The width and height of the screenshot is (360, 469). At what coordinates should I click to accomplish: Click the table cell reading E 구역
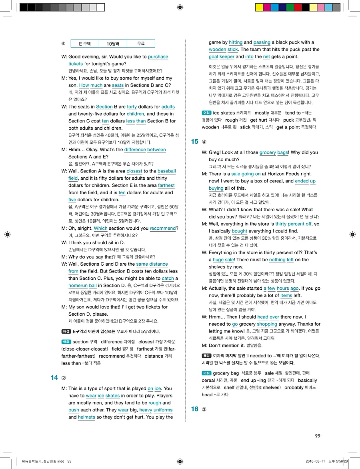tap(84, 44)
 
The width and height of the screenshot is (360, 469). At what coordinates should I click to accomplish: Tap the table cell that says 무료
tap(140, 44)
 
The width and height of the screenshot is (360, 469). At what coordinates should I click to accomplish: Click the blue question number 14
tap(54, 378)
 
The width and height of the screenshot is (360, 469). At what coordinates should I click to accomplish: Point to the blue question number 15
tap(195, 141)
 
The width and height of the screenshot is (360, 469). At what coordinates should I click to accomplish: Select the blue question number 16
tap(195, 409)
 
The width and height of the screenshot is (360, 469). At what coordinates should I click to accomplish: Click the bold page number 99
tap(318, 436)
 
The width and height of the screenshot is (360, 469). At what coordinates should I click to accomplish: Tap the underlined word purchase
tap(158, 57)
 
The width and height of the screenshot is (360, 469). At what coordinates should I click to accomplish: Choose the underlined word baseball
tap(166, 171)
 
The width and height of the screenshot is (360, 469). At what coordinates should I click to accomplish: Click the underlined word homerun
tap(78, 286)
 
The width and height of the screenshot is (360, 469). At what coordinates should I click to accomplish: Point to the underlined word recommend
tap(163, 228)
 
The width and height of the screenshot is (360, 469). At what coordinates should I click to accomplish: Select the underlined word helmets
tap(86, 417)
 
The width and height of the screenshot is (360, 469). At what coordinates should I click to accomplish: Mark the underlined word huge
tap(218, 260)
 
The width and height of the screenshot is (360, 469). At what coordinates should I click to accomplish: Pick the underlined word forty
tap(132, 107)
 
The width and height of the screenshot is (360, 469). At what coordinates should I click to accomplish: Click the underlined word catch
tap(168, 279)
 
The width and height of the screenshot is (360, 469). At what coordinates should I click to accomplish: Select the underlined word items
tap(286, 296)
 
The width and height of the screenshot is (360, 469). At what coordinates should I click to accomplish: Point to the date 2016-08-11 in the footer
tap(316, 461)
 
